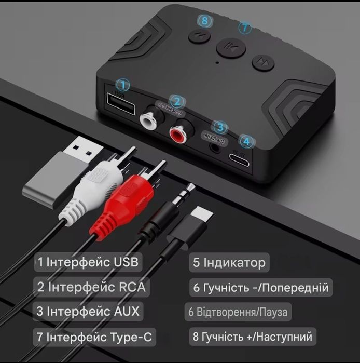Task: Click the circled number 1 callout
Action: tap(123, 84)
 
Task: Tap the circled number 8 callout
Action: tap(206, 21)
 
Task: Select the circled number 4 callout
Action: tap(247, 141)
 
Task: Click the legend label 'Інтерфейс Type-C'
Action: tap(100, 337)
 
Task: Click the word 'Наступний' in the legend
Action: tap(283, 337)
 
